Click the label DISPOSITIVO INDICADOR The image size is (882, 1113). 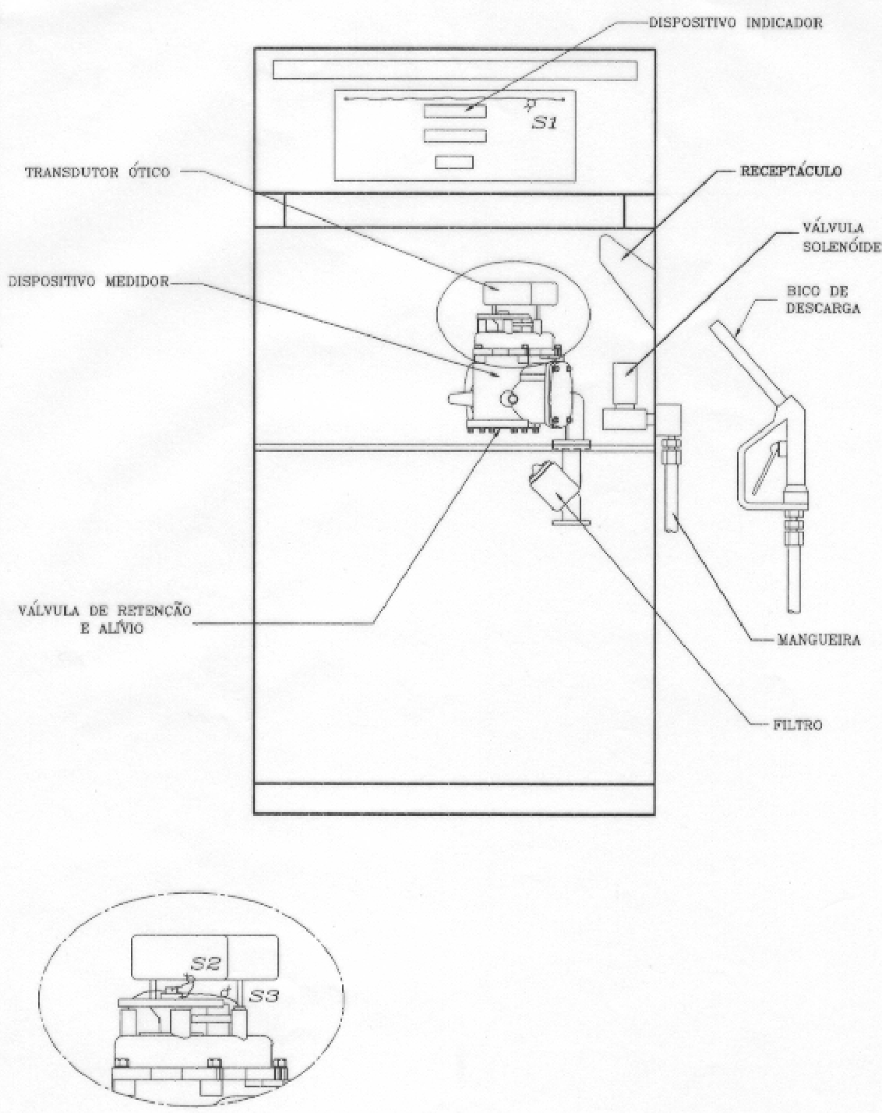click(736, 23)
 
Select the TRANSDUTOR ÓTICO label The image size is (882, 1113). click(97, 172)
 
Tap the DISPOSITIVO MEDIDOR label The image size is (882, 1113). click(88, 281)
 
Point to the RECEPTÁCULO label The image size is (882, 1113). click(791, 171)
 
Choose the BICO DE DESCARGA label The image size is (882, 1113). click(823, 300)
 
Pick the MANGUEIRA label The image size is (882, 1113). click(819, 640)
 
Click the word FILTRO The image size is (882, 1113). click(798, 725)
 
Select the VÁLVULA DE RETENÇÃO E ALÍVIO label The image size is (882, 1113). click(104, 619)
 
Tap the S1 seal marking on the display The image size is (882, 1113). click(545, 123)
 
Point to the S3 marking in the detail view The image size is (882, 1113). click(264, 995)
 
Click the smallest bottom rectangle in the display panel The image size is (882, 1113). click(454, 162)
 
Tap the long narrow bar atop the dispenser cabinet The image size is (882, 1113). click(455, 70)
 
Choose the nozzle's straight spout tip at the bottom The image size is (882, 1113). click(795, 578)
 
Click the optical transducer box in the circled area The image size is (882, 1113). click(520, 293)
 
